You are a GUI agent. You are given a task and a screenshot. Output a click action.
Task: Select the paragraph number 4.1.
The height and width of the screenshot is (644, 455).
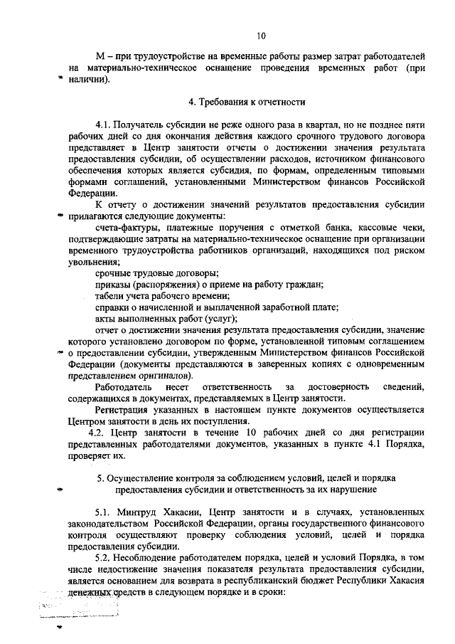(105, 125)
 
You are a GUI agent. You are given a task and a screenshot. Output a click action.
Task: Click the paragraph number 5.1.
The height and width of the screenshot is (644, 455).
(105, 512)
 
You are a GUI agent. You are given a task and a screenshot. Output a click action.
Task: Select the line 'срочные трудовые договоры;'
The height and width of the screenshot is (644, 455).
(156, 273)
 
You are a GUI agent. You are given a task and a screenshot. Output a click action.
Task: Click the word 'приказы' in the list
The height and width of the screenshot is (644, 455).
(114, 285)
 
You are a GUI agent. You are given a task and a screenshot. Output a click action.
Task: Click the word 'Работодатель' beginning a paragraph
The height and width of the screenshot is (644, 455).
(126, 386)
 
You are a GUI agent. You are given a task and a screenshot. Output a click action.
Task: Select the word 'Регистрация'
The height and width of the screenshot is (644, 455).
(124, 410)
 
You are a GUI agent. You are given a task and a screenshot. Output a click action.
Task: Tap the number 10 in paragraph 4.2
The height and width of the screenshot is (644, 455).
(229, 433)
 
